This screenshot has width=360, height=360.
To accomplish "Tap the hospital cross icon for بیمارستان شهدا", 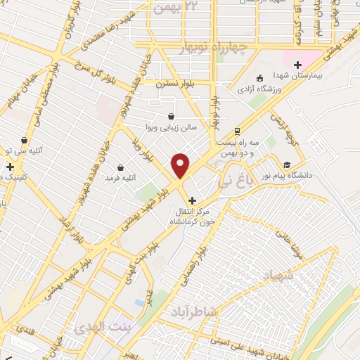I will point(298,64).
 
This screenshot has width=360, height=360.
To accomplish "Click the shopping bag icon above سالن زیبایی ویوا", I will point(171,117).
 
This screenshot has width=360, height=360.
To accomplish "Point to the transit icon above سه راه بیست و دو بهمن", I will point(238,131).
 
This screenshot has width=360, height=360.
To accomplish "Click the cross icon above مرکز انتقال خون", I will point(193,200).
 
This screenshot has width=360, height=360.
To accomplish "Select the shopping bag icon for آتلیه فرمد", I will point(122,167).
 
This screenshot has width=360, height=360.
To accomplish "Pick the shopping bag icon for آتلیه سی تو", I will point(25,140).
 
